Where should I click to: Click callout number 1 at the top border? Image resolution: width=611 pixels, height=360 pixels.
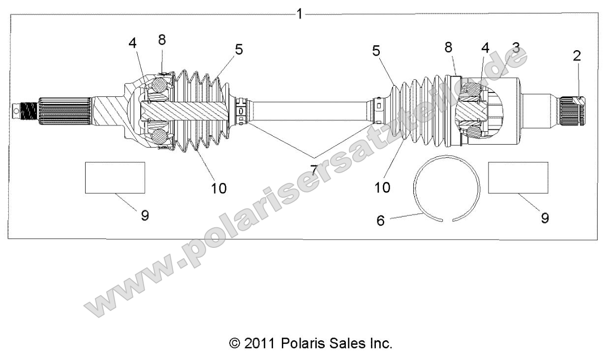pos(299,14)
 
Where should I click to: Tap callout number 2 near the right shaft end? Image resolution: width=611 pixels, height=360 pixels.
pos(577,56)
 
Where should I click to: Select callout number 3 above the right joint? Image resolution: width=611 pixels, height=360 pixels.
pos(515,49)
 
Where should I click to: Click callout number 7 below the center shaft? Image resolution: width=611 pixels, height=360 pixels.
pos(313,170)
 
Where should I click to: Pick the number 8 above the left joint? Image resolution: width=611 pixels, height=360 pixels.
pos(161,40)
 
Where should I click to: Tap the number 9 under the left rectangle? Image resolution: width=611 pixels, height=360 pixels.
pos(145,215)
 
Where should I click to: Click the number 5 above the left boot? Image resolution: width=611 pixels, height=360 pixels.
pos(239,50)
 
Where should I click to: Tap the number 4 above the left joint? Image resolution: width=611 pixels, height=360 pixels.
pos(132,43)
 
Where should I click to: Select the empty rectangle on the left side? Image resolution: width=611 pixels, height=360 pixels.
pos(115,177)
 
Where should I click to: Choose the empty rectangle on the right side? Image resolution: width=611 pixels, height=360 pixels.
pos(518,177)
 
